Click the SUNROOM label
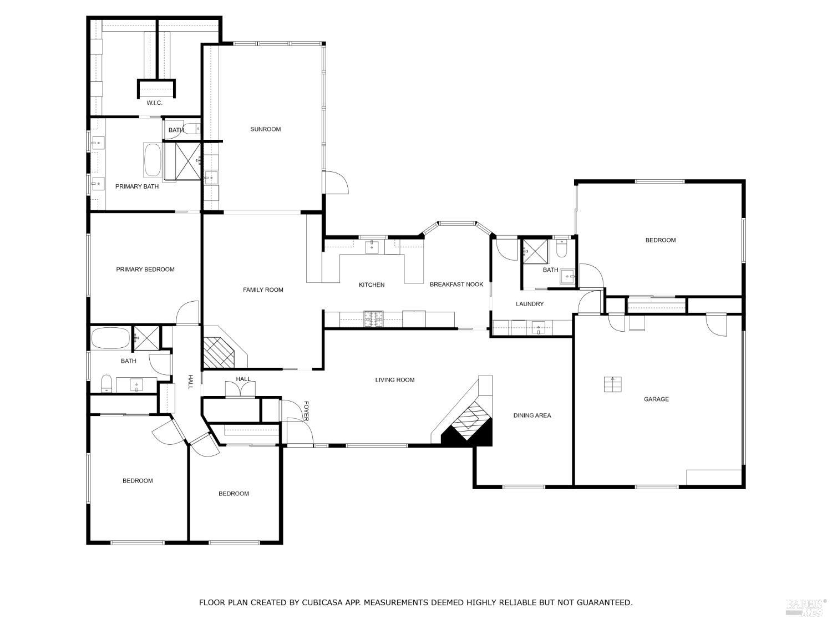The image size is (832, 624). click(x=265, y=129)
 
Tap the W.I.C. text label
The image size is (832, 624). click(x=154, y=103)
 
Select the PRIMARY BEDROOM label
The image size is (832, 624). click(x=145, y=270)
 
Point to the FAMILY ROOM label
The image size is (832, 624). click(x=263, y=290)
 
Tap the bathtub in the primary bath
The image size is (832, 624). click(x=153, y=160)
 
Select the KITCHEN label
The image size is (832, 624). click(x=372, y=285)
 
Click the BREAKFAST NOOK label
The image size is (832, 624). click(x=456, y=285)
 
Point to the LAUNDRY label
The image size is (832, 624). click(x=530, y=304)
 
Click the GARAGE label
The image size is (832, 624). click(x=656, y=399)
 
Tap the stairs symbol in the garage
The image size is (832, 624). click(x=612, y=384)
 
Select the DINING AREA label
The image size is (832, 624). click(x=532, y=415)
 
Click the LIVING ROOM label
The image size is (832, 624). click(x=395, y=380)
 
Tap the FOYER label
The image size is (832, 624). click(x=306, y=410)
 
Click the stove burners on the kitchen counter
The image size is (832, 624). click(x=373, y=319)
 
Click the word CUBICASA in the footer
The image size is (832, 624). click(x=312, y=602)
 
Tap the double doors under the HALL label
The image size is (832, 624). click(x=241, y=390)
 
